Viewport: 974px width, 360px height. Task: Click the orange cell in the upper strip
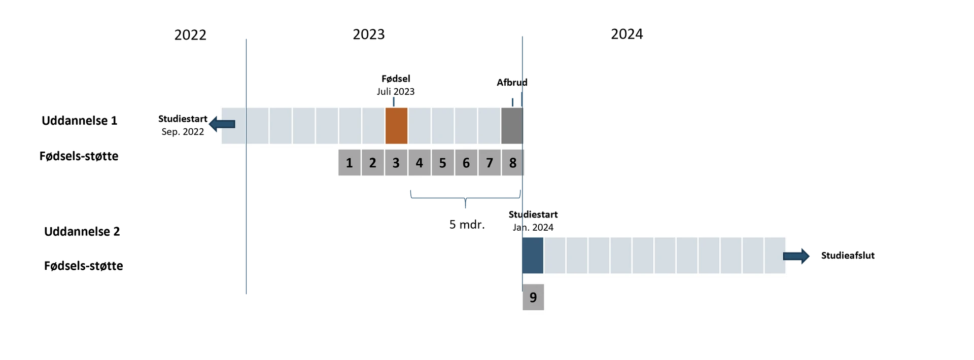396,125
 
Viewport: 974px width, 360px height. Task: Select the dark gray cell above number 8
512,125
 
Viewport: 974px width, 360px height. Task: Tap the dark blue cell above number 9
533,255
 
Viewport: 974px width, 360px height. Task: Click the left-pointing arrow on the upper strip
222,124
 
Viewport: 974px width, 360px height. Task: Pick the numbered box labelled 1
350,163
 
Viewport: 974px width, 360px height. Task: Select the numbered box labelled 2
373,163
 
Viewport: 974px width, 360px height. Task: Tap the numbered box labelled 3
396,163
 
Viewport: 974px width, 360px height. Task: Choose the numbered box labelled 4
420,163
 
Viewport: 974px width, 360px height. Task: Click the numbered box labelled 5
443,163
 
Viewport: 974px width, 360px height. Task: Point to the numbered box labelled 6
466,163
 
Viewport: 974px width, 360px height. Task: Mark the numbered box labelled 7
490,163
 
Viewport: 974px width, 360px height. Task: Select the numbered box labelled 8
512,163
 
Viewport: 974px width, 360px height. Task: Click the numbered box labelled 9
533,297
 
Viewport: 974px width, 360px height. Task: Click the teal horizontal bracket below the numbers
465,198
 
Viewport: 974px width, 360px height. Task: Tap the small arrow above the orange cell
393,100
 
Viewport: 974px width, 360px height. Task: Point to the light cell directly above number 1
350,125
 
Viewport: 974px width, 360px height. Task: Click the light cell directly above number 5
443,125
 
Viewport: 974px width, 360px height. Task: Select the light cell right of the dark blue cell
555,255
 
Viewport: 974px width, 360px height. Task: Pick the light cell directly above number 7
490,125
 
